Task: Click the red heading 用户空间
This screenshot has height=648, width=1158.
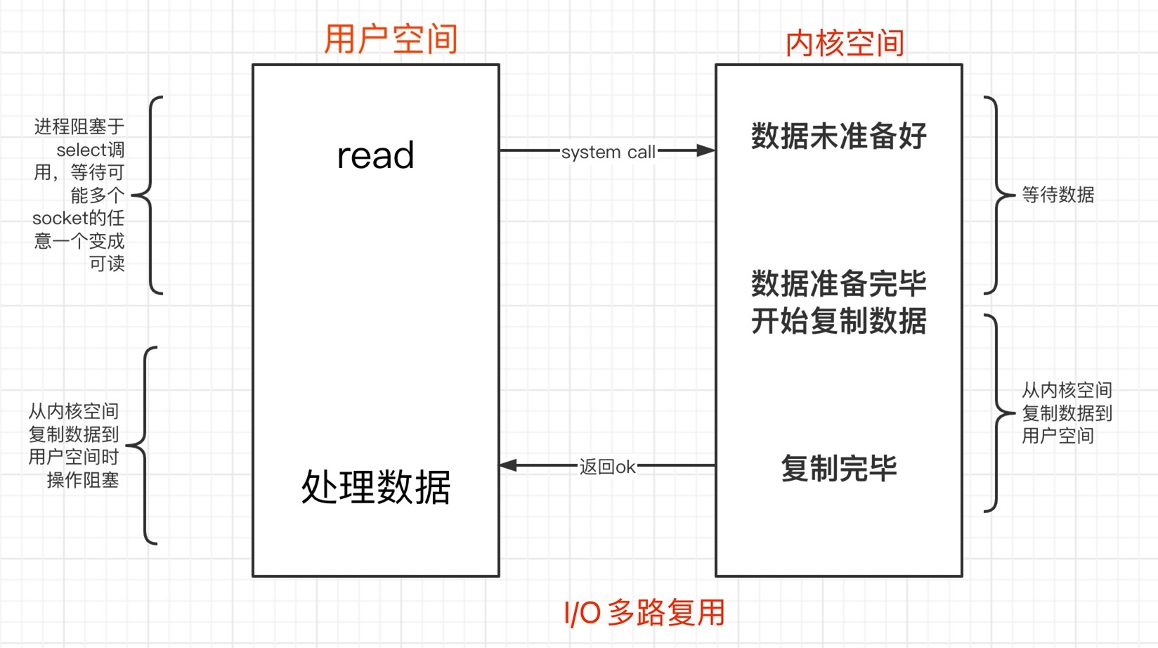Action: click(391, 39)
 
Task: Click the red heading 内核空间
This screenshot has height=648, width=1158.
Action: click(845, 43)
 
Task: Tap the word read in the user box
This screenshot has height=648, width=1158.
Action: click(375, 155)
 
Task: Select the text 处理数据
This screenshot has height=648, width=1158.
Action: click(375, 486)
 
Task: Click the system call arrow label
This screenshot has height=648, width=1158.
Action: click(608, 152)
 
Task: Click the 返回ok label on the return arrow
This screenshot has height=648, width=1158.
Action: click(607, 467)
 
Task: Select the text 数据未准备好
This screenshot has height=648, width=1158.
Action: click(838, 136)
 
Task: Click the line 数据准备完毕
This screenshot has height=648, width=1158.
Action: click(838, 283)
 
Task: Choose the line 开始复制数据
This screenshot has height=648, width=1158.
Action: click(838, 320)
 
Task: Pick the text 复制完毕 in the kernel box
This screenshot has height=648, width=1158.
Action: click(838, 468)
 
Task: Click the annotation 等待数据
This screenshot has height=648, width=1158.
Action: click(1058, 195)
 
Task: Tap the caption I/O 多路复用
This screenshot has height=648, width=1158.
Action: click(644, 612)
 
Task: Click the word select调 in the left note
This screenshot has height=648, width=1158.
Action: click(90, 150)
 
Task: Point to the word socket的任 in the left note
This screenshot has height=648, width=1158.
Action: click(78, 218)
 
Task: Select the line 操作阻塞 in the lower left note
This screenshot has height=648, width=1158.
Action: click(82, 480)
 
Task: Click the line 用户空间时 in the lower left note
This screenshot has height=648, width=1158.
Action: click(74, 457)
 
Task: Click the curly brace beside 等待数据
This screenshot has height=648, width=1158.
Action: click(996, 195)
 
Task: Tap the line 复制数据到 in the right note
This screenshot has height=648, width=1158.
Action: click(1067, 413)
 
